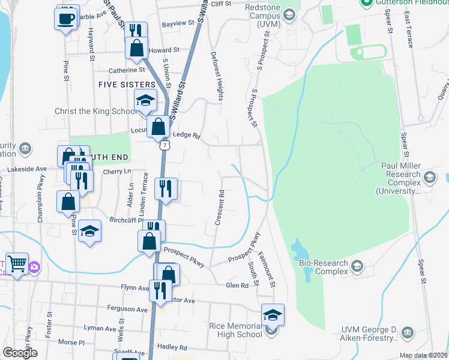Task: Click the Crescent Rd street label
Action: [x=221, y=208]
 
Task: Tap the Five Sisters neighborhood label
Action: [x=127, y=85]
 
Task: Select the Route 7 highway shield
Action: [x=164, y=145]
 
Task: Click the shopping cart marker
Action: [x=17, y=264]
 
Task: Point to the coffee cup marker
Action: [x=66, y=19]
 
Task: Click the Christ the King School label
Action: [x=95, y=111]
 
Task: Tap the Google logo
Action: [x=20, y=353]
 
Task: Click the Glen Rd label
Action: [x=237, y=286]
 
